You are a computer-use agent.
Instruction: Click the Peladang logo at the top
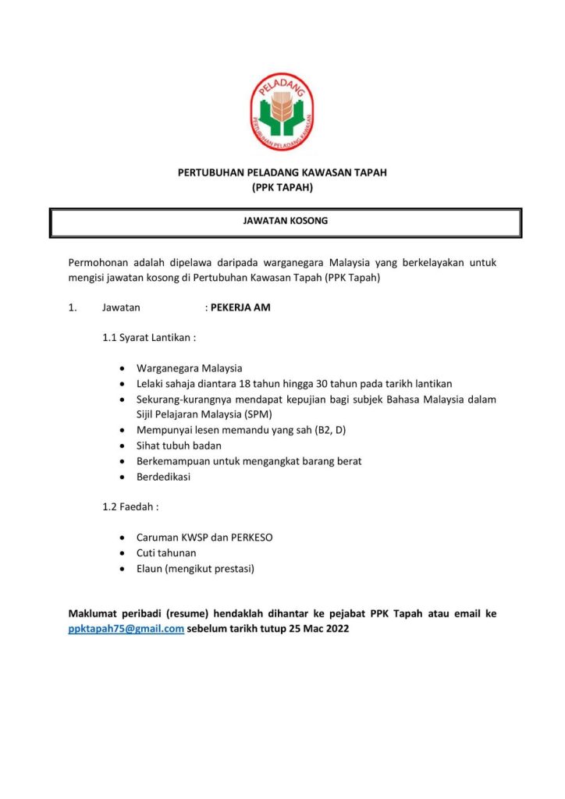[x=282, y=111]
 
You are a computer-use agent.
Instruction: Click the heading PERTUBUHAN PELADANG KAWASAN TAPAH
[x=282, y=172]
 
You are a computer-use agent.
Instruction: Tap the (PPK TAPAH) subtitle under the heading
[x=282, y=187]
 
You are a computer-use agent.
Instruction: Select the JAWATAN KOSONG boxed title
[x=286, y=221]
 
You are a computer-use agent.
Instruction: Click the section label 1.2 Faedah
[x=131, y=506]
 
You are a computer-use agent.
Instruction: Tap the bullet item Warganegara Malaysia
[x=189, y=368]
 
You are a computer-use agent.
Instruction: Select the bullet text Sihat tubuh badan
[x=179, y=446]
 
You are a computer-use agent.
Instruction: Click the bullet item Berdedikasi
[x=163, y=476]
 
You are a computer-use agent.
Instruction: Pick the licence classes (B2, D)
[x=329, y=430]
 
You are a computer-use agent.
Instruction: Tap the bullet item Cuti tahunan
[x=166, y=552]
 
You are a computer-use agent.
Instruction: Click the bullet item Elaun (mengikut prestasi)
[x=195, y=568]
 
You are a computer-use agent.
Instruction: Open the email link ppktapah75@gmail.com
[x=126, y=629]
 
